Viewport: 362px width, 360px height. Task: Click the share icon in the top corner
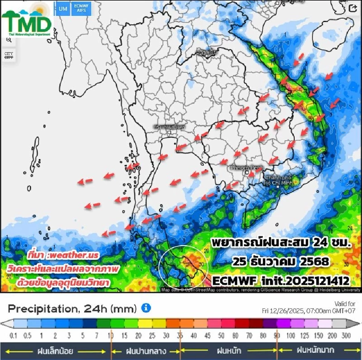pos(353,9)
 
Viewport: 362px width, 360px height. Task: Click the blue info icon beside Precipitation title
pos(146,308)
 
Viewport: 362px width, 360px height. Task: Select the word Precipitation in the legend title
pos(42,309)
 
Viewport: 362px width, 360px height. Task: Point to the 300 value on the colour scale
pos(346,336)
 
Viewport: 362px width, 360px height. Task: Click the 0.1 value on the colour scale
pos(14,336)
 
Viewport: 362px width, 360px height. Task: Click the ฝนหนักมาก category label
pos(315,351)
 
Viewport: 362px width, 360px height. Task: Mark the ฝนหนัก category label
pos(229,351)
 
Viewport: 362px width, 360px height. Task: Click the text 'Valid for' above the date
pos(344,304)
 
